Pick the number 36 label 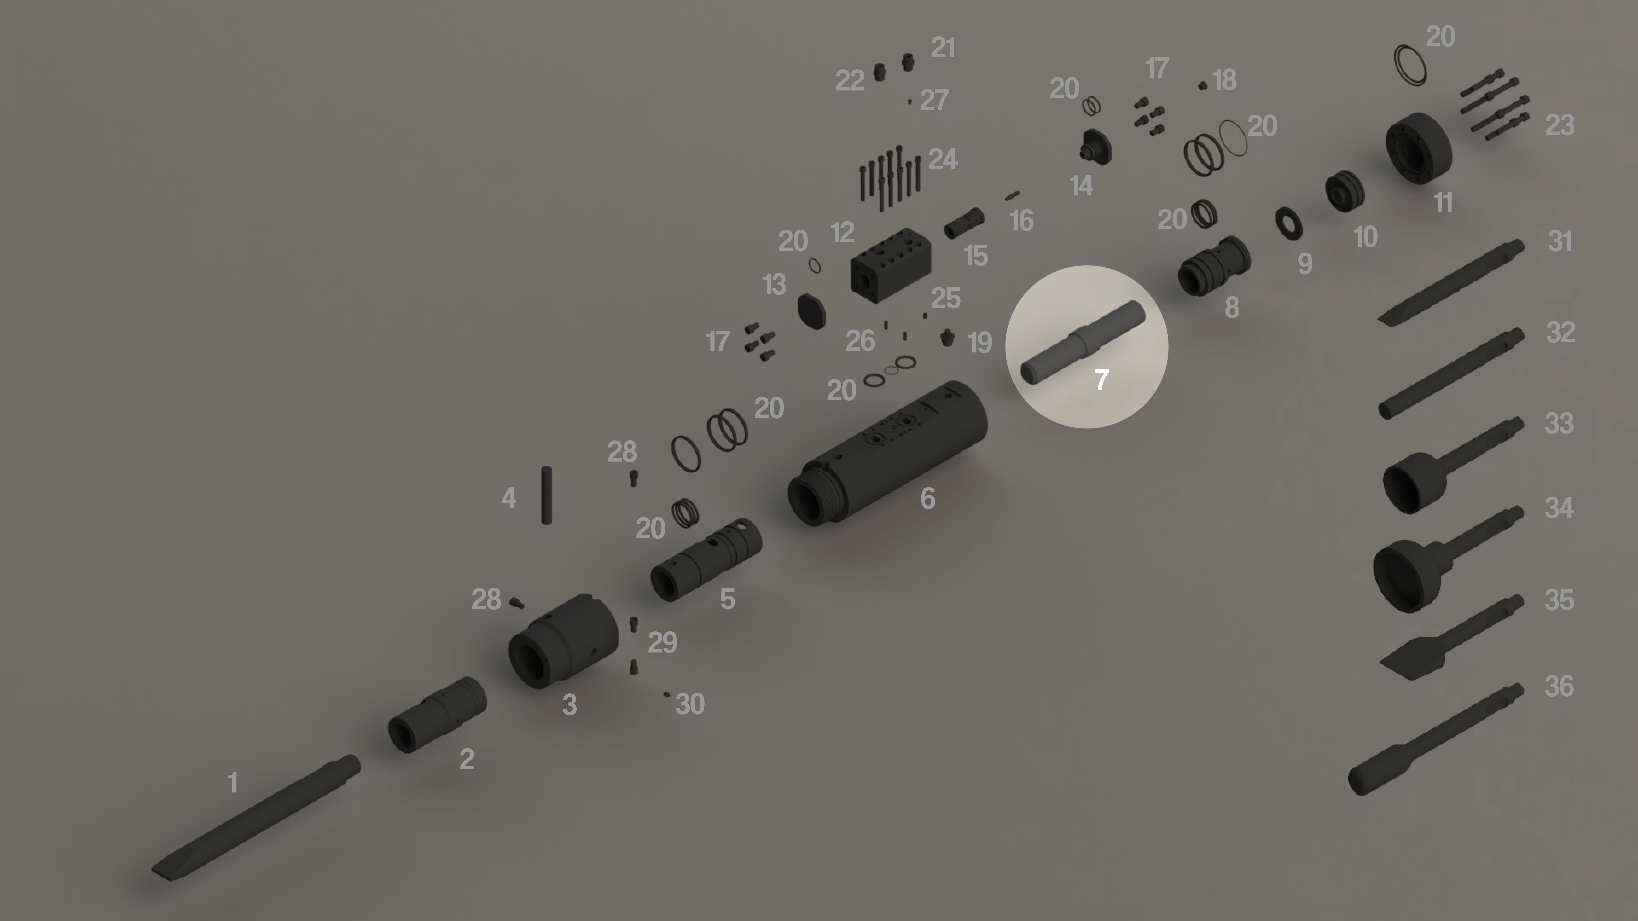tap(1559, 686)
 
